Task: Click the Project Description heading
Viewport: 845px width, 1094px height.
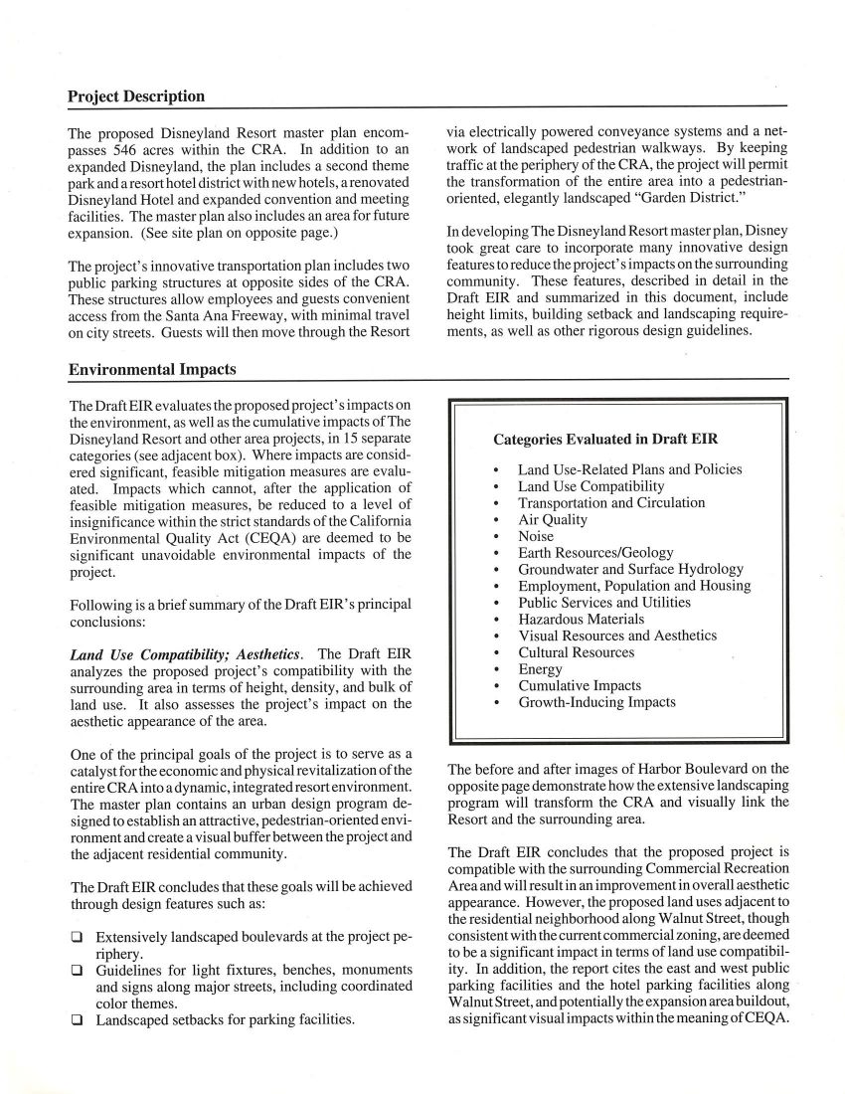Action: tap(136, 96)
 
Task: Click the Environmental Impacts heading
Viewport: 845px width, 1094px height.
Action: tap(152, 369)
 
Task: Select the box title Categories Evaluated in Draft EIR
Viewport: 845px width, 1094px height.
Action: tap(605, 439)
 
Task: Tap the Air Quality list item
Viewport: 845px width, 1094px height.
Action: tap(553, 519)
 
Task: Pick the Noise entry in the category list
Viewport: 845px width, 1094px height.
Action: tap(536, 536)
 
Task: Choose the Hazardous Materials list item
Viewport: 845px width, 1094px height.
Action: tap(581, 619)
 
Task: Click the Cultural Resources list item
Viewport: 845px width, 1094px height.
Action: tap(576, 652)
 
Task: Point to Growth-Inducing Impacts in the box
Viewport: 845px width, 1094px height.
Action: tap(596, 702)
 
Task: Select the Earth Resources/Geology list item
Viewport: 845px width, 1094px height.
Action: tap(595, 552)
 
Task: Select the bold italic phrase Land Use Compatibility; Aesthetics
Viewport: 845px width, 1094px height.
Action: tap(184, 653)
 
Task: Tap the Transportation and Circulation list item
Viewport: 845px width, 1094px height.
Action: tap(611, 502)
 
